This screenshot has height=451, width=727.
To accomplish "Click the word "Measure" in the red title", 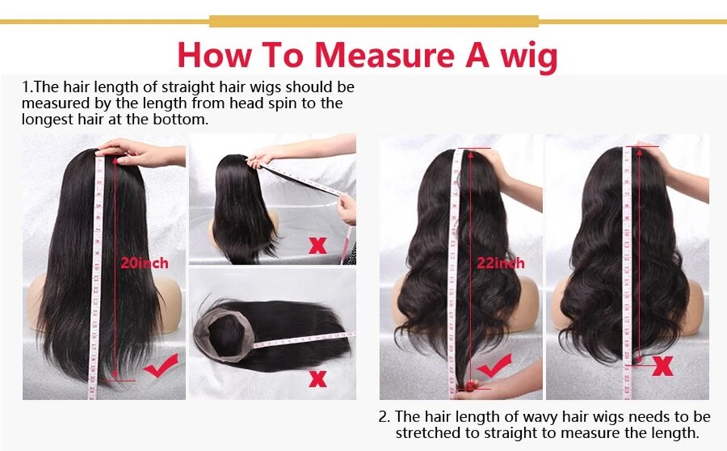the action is click(x=384, y=55).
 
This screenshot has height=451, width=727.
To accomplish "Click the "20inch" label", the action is click(x=144, y=264).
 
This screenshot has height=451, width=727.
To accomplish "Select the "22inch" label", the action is click(x=501, y=264).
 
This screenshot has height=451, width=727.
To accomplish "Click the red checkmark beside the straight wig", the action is click(x=161, y=365).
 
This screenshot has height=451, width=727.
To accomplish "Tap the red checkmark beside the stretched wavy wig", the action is click(x=495, y=365).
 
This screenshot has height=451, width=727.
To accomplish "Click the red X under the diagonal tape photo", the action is click(x=317, y=246).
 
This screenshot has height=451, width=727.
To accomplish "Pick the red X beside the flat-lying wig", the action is click(x=317, y=379).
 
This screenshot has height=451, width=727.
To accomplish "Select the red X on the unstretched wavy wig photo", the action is click(x=663, y=366).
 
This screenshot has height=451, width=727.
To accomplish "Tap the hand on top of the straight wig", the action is click(x=139, y=153).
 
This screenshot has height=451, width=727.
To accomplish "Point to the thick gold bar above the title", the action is click(x=373, y=21).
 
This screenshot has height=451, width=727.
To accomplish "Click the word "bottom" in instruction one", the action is click(x=181, y=119).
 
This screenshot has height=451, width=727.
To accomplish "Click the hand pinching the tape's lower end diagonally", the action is click(x=347, y=208).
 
